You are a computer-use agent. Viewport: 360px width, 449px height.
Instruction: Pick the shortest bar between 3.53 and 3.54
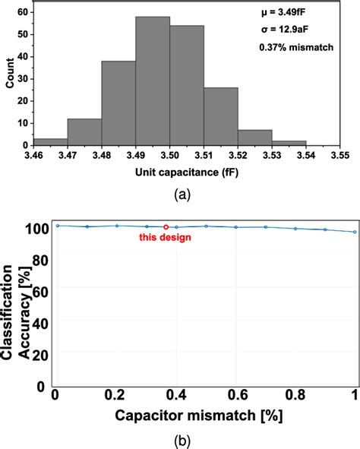click(x=289, y=142)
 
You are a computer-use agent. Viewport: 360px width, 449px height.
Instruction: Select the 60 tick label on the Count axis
click(x=24, y=13)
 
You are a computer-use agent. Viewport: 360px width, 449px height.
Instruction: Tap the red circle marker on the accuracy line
click(x=166, y=226)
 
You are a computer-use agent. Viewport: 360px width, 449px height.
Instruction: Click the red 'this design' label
click(x=165, y=238)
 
